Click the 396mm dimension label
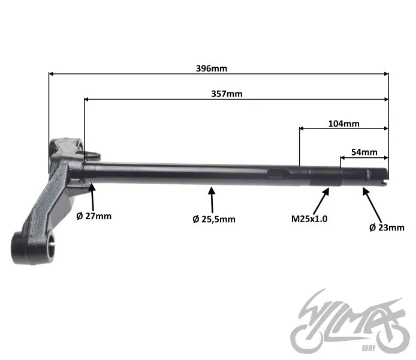(x=212, y=68)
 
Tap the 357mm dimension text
(x=227, y=94)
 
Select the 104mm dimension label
(x=344, y=124)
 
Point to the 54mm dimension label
(x=364, y=152)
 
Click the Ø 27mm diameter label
(x=94, y=216)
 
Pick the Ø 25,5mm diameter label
(x=214, y=219)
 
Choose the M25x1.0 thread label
(x=309, y=219)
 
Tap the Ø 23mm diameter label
(x=387, y=227)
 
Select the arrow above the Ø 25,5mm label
(x=212, y=200)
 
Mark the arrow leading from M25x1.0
(x=321, y=201)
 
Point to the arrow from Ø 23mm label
(x=372, y=205)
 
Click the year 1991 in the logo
(x=369, y=348)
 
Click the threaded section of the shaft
(x=325, y=176)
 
